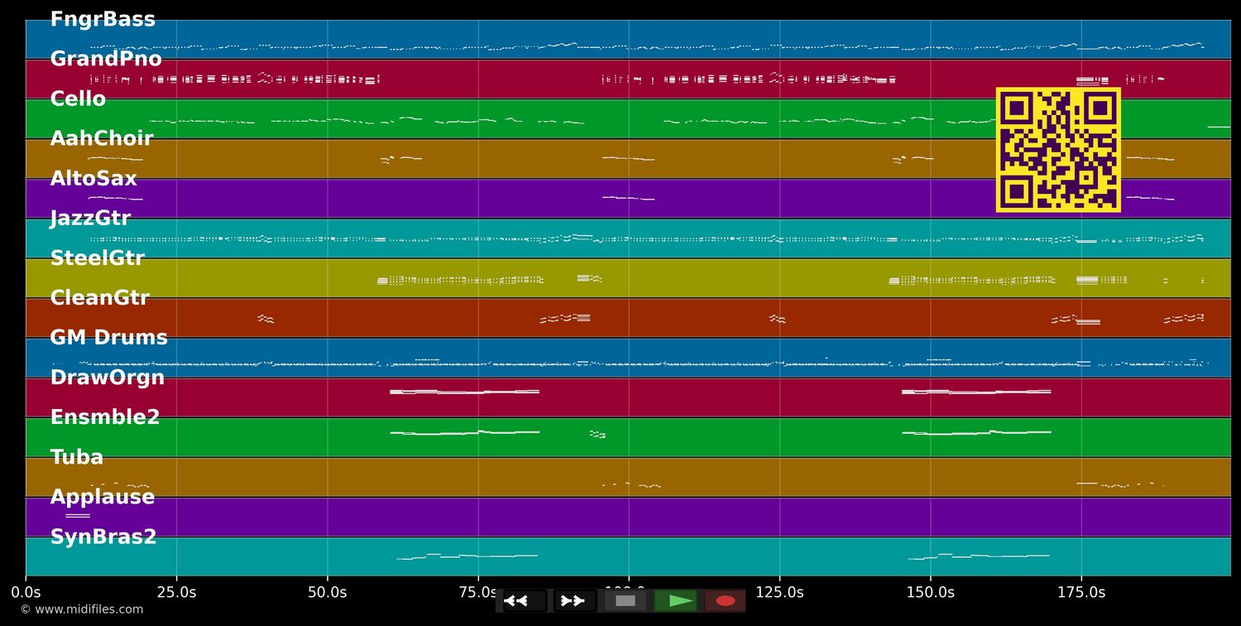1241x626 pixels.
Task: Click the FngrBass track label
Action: pos(103,19)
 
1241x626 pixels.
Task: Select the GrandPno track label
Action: pos(106,59)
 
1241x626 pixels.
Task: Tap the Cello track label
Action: pos(78,99)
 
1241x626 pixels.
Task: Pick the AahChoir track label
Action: pos(102,138)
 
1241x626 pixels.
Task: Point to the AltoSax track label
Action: pos(93,178)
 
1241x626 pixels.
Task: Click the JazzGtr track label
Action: pos(90,218)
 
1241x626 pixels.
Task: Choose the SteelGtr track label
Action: pos(97,258)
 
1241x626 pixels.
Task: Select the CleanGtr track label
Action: pos(99,297)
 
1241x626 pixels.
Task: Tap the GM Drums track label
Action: pos(108,337)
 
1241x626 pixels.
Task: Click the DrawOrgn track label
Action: pos(108,377)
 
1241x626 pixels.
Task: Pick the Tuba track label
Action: pos(77,456)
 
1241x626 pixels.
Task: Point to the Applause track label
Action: pos(103,496)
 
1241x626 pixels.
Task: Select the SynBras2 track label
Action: pos(103,536)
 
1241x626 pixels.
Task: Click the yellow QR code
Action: pos(1058,150)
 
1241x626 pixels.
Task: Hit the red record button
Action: pos(725,601)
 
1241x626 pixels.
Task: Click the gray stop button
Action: pos(625,601)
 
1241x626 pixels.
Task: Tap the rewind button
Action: pos(525,601)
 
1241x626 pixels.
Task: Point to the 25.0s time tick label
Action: pos(176,592)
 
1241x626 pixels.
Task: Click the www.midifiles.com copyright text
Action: pos(81,609)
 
